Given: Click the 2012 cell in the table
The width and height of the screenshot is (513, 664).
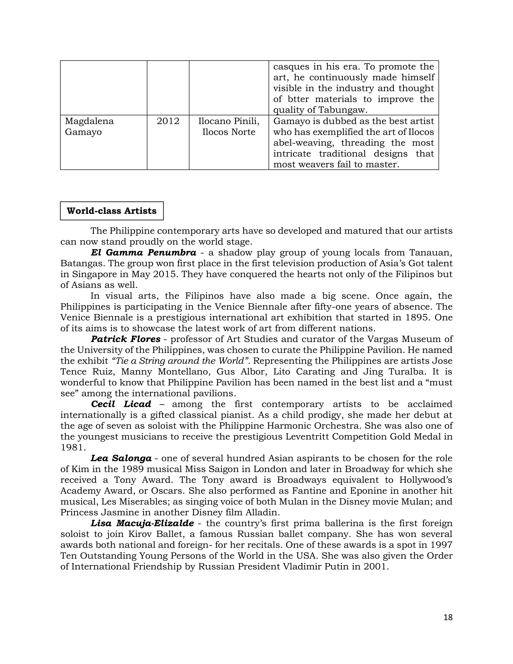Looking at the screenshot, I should pyautogui.click(x=168, y=121).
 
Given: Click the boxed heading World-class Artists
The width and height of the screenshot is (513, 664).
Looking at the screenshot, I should pyautogui.click(x=111, y=211).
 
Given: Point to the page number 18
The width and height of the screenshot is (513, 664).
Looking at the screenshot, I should pyautogui.click(x=448, y=617).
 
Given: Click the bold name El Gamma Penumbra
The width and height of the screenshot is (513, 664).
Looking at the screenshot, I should pyautogui.click(x=144, y=253).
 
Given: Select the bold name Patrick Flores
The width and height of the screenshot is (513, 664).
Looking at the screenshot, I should pyautogui.click(x=125, y=339).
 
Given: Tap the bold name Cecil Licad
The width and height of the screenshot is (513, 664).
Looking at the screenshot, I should pyautogui.click(x=121, y=404).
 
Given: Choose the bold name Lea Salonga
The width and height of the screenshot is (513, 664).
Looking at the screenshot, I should pyautogui.click(x=121, y=458).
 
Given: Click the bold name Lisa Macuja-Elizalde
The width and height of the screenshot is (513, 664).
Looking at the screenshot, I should pyautogui.click(x=142, y=523).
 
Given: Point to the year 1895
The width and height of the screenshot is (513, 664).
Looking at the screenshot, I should pyautogui.click(x=417, y=317).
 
